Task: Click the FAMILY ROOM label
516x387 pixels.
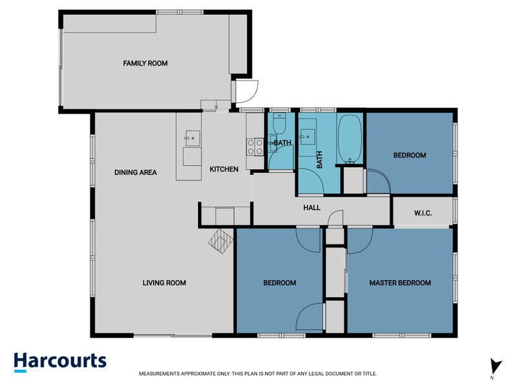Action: pos(145,63)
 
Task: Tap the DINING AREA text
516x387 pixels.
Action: pos(135,172)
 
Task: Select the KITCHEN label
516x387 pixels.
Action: pos(224,169)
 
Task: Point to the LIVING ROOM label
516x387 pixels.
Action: pos(164,283)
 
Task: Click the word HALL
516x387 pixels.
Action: pos(312,208)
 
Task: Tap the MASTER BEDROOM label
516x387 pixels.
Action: pos(400,283)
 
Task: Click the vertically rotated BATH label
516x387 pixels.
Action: pos(319,159)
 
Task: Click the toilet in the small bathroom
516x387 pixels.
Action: pos(279,123)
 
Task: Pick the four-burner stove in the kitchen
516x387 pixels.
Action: pos(255,147)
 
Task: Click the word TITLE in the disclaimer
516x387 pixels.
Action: pos(368,373)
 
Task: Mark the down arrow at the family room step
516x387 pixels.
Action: pos(216,106)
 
